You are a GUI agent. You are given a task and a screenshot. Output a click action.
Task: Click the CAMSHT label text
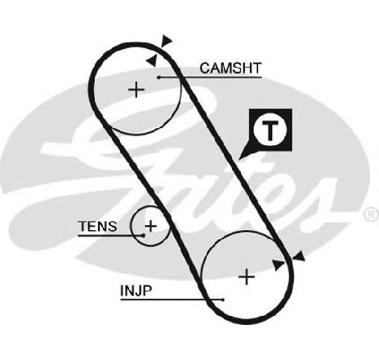[x=230, y=68]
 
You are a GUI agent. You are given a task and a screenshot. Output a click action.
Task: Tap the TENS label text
[x=97, y=226]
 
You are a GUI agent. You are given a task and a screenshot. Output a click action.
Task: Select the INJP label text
[x=136, y=291]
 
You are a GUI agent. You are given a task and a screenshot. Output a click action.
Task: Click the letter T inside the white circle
[x=270, y=130]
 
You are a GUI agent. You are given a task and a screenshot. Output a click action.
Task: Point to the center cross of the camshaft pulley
[x=136, y=90]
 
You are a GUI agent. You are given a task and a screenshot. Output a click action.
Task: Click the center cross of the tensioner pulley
[x=151, y=226]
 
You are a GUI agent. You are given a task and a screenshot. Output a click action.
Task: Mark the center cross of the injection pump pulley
[x=247, y=277]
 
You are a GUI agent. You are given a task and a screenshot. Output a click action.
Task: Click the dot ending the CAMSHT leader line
[x=158, y=78]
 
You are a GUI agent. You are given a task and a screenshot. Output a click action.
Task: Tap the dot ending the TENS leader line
[x=142, y=235]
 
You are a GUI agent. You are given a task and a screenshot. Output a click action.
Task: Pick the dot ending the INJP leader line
[x=223, y=300]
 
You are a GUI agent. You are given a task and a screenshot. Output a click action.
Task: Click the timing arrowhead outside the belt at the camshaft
[x=167, y=41]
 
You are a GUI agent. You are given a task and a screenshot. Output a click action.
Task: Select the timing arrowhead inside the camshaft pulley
[x=152, y=60]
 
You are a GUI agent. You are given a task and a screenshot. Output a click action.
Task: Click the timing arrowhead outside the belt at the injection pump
[x=299, y=256]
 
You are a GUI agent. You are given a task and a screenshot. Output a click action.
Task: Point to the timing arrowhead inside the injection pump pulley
[x=278, y=264]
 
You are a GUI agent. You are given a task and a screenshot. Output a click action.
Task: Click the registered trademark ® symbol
[x=371, y=215]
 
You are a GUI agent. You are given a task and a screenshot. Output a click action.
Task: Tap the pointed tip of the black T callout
[x=239, y=159]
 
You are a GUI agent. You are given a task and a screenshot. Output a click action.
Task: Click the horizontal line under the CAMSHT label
[x=210, y=78]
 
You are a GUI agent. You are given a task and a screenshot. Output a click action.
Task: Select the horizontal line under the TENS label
[x=110, y=235]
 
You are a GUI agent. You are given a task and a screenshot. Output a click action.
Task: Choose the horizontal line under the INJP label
[x=172, y=300]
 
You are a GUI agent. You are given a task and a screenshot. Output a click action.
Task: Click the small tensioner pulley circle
[x=132, y=226]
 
